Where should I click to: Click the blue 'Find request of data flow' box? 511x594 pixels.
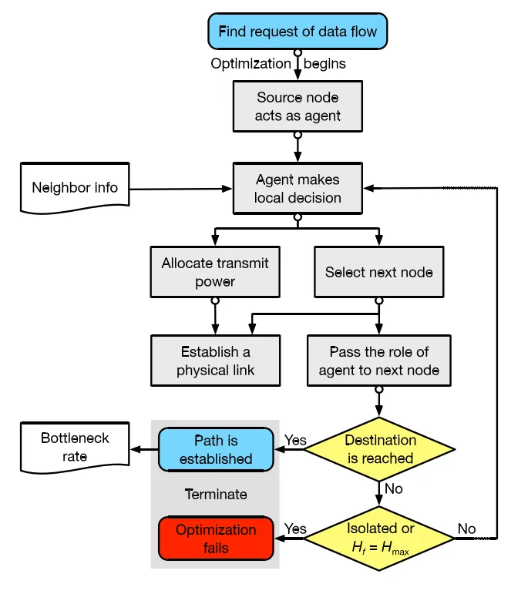298,32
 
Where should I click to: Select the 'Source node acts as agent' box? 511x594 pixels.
298,107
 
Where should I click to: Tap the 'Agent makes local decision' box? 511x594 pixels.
298,189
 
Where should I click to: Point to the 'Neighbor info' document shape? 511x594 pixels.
75,187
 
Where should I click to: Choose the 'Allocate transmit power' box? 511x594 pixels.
215,272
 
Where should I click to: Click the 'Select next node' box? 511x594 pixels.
378,272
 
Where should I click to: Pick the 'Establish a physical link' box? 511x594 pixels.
215,361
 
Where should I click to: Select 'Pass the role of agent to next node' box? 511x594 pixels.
378,361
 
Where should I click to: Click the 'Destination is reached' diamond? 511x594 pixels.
379,449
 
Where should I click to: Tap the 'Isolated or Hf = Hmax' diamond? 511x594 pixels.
379,538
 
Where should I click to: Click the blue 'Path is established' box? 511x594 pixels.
216,450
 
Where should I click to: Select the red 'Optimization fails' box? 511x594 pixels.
216,539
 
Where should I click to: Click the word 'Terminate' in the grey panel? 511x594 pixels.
216,495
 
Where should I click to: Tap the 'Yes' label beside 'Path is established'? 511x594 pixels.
295,441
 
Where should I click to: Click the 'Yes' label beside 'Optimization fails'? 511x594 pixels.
295,529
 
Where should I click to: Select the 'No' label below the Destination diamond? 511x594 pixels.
393,489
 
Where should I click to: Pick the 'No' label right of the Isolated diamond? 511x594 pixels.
466,529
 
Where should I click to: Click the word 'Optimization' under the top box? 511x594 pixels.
251,64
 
